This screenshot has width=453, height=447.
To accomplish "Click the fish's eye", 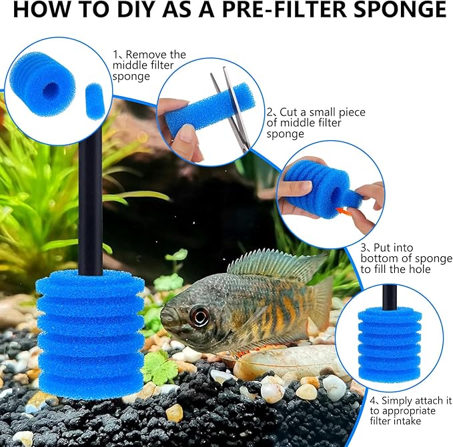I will point(198,314).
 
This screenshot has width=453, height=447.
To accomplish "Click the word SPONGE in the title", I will point(398,10).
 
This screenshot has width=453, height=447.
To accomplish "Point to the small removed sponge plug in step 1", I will point(95,101).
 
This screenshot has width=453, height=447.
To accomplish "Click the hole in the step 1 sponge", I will point(51,89).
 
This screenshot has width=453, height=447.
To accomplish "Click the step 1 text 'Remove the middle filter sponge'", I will point(149,65).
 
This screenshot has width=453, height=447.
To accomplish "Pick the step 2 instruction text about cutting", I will point(316,123).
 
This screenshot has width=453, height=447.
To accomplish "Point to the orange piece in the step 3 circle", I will point(342,211).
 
